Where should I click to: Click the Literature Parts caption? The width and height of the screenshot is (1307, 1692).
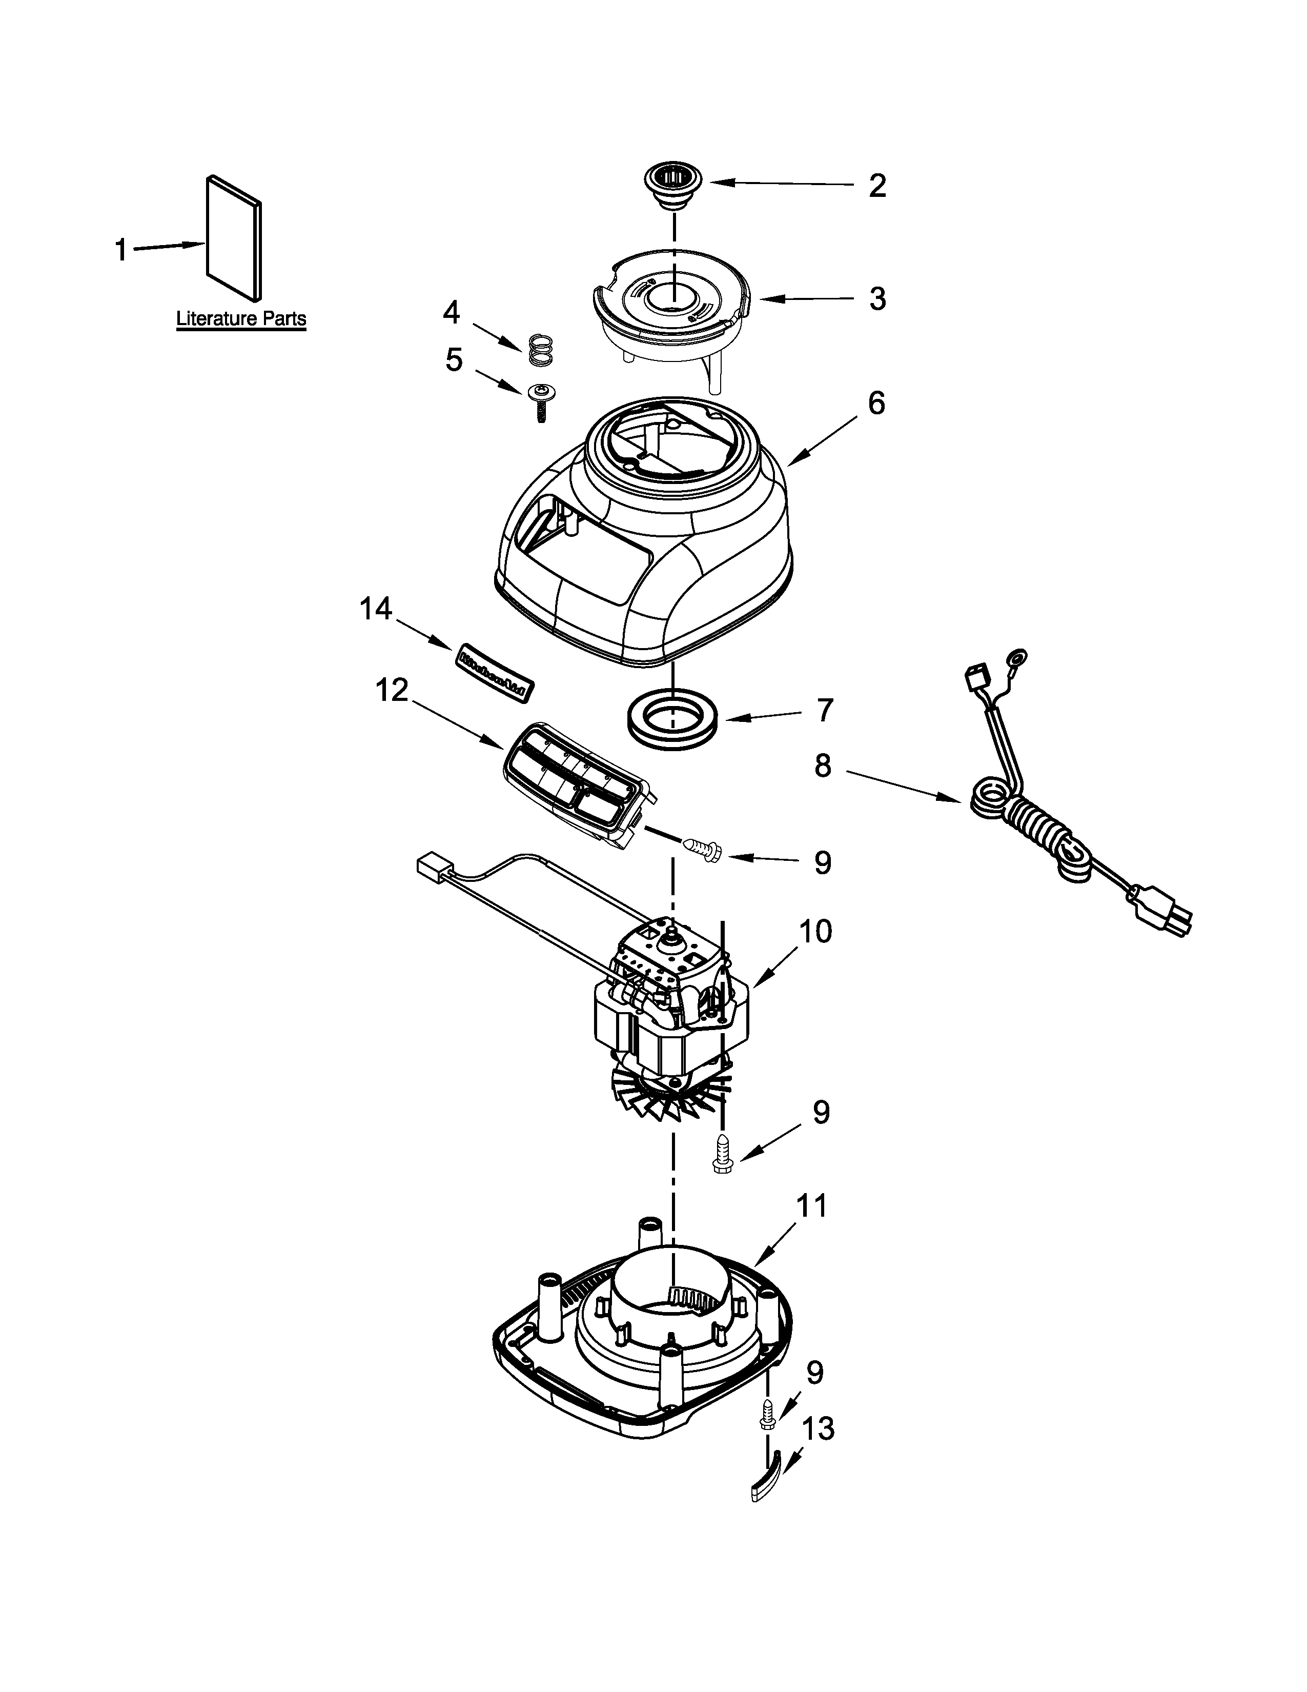tap(241, 318)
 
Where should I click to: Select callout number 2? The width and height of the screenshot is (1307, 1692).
tap(876, 186)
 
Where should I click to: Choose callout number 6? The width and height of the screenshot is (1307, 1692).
tap(876, 404)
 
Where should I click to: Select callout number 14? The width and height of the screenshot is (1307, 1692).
tap(376, 610)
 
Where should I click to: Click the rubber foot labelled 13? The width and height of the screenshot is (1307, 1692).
tap(767, 1481)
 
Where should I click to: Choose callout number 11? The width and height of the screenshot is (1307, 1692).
tap(811, 1206)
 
